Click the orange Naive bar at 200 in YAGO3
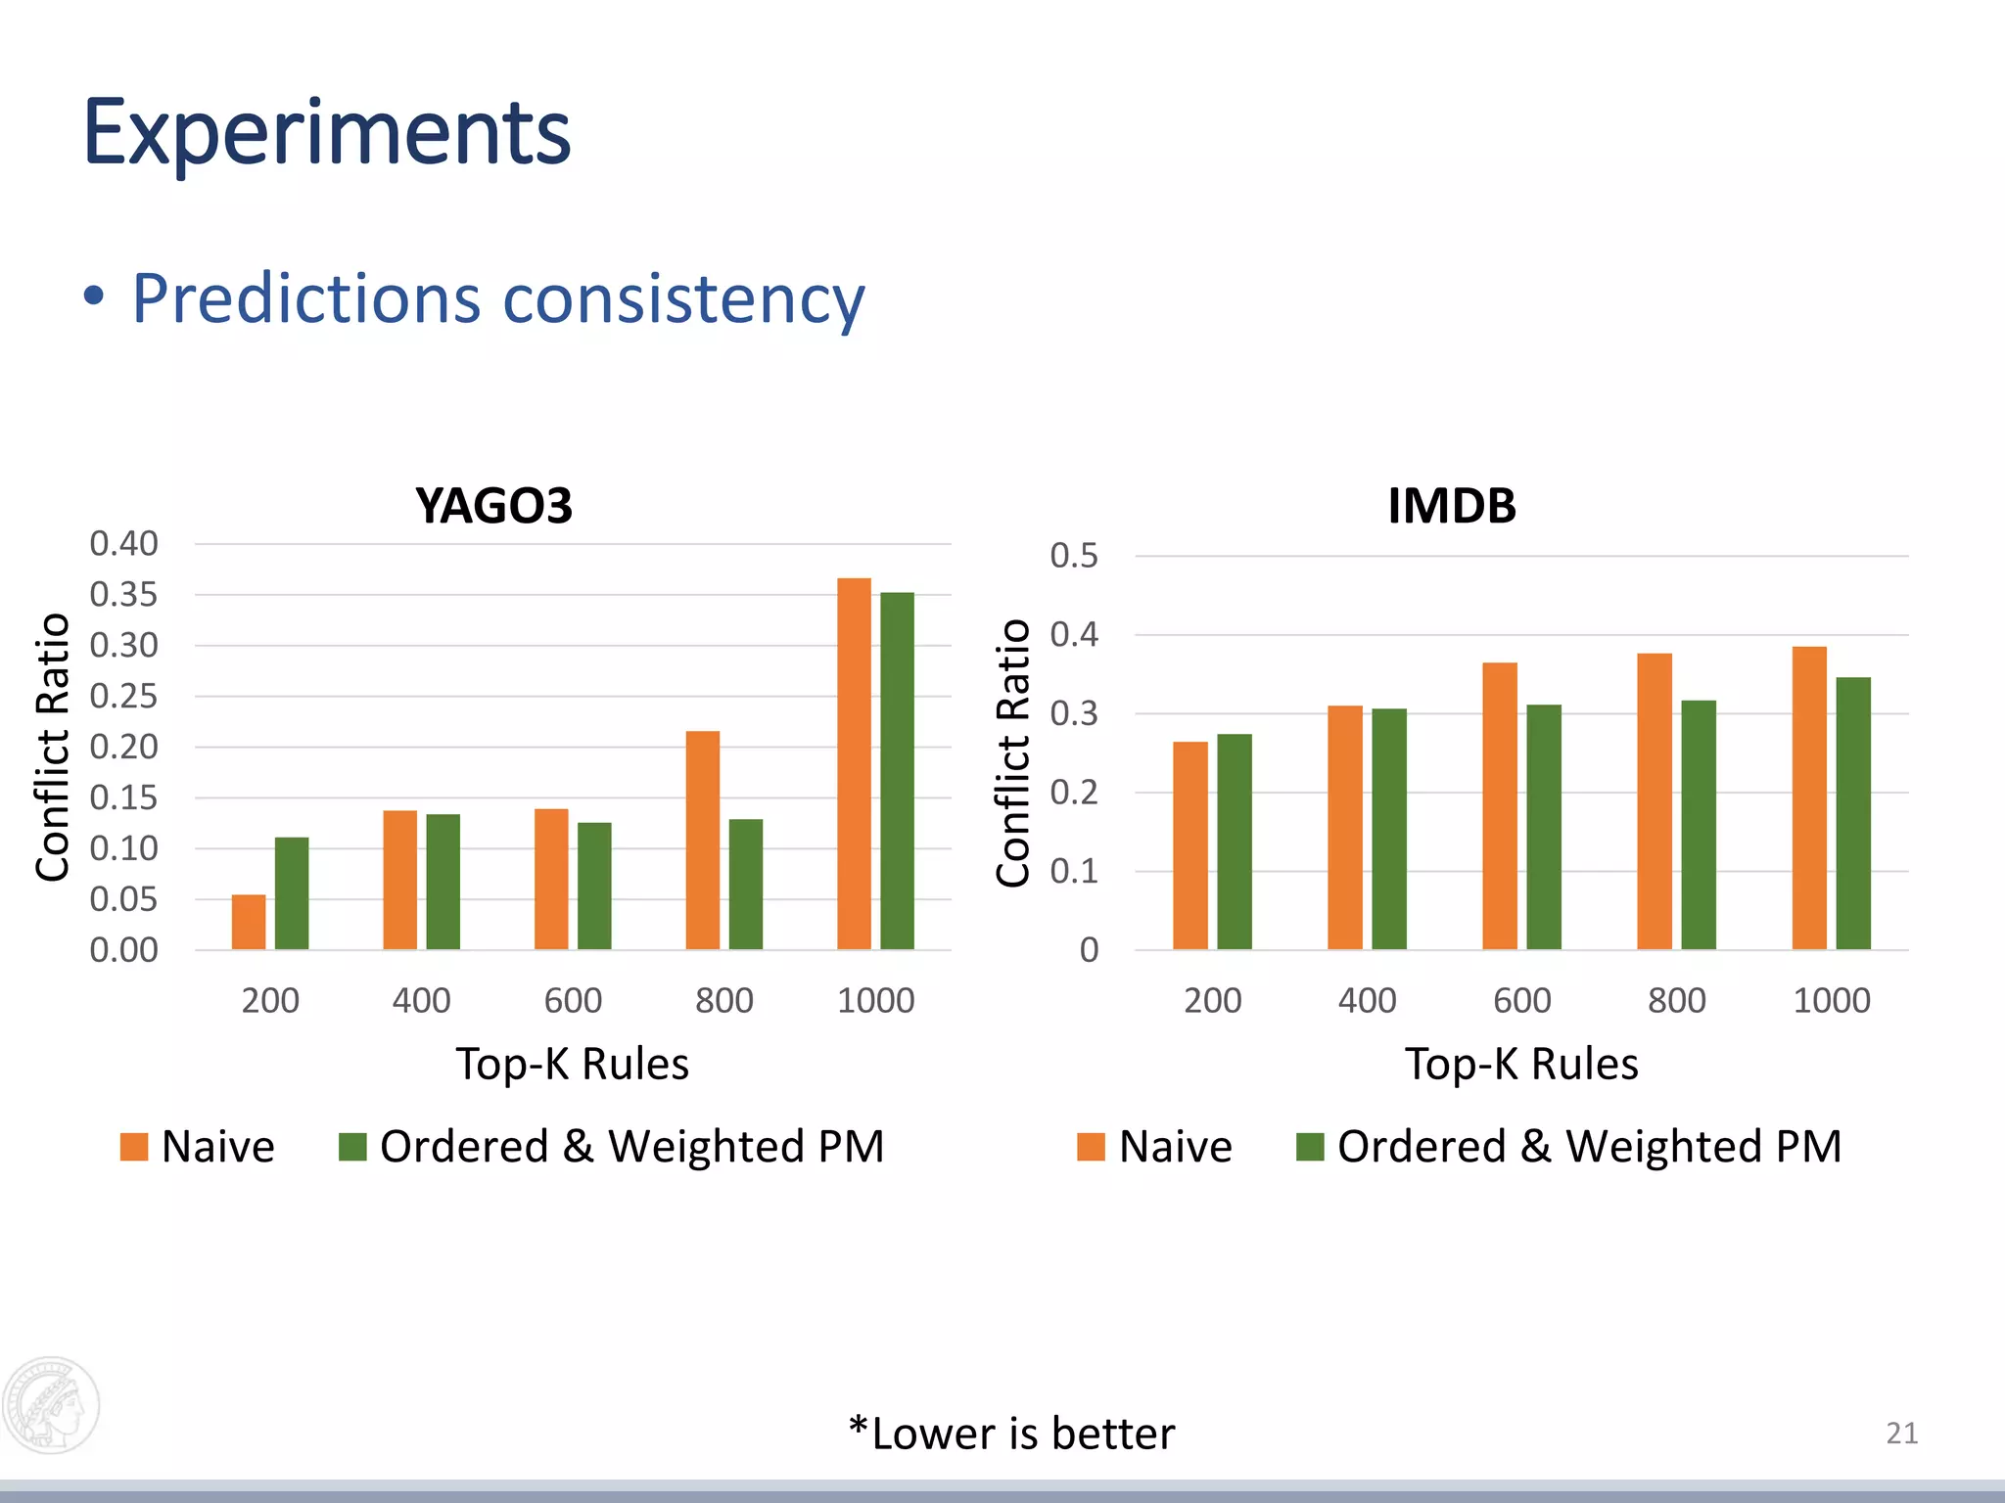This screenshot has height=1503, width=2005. (249, 922)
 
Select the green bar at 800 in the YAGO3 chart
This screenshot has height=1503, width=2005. (746, 884)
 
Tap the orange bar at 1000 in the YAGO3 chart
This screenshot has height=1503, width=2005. (854, 763)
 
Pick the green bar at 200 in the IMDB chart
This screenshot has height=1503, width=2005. (1234, 842)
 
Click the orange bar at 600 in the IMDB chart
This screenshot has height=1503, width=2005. (1500, 805)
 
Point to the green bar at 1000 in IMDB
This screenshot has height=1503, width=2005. (1853, 813)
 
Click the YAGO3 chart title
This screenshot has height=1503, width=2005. (493, 506)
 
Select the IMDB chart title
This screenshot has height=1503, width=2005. (1452, 506)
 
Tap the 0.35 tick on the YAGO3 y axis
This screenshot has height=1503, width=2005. (123, 594)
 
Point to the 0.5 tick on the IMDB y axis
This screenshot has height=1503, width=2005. (1074, 556)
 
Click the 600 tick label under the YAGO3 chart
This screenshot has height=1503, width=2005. (573, 1000)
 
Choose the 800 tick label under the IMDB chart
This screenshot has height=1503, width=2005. (1677, 1000)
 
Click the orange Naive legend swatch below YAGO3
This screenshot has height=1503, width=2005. (134, 1147)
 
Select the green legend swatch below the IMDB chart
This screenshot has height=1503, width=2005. (1310, 1147)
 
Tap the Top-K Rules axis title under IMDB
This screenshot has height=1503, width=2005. (1521, 1064)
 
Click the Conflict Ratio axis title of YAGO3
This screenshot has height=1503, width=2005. (53, 747)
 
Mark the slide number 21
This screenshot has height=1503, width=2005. (1901, 1433)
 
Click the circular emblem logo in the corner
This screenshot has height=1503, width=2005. (51, 1405)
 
